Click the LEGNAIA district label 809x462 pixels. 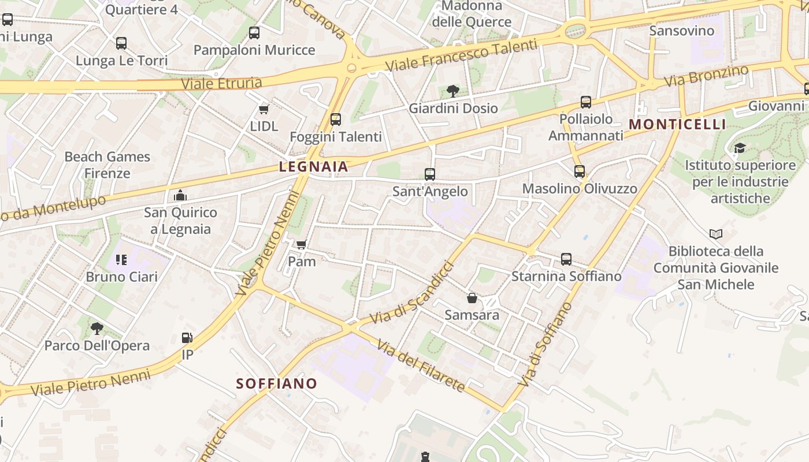pyautogui.click(x=314, y=167)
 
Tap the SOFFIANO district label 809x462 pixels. pyautogui.click(x=277, y=383)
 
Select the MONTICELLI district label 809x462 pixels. pyautogui.click(x=677, y=124)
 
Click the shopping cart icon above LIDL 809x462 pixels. pyautogui.click(x=264, y=109)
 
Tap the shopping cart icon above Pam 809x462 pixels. pyautogui.click(x=301, y=245)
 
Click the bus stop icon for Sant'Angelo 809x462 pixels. pyautogui.click(x=429, y=174)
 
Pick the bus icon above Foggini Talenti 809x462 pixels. pyautogui.click(x=335, y=120)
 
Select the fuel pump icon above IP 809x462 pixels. pyautogui.click(x=187, y=338)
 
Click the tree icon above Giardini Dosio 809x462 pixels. pyautogui.click(x=453, y=91)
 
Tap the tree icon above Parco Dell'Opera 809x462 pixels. pyautogui.click(x=97, y=329)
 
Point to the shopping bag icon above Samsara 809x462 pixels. pyautogui.click(x=472, y=298)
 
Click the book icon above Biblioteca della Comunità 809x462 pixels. pyautogui.click(x=716, y=234)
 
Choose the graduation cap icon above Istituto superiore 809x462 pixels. pyautogui.click(x=740, y=148)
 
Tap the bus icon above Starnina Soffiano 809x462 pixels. pyautogui.click(x=566, y=259)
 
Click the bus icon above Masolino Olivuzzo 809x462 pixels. pyautogui.click(x=580, y=172)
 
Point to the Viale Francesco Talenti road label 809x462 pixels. pyautogui.click(x=461, y=55)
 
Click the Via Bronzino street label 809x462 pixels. pyautogui.click(x=706, y=76)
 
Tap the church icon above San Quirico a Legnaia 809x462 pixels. pyautogui.click(x=180, y=195)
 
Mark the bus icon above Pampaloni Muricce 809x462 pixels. pyautogui.click(x=254, y=33)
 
